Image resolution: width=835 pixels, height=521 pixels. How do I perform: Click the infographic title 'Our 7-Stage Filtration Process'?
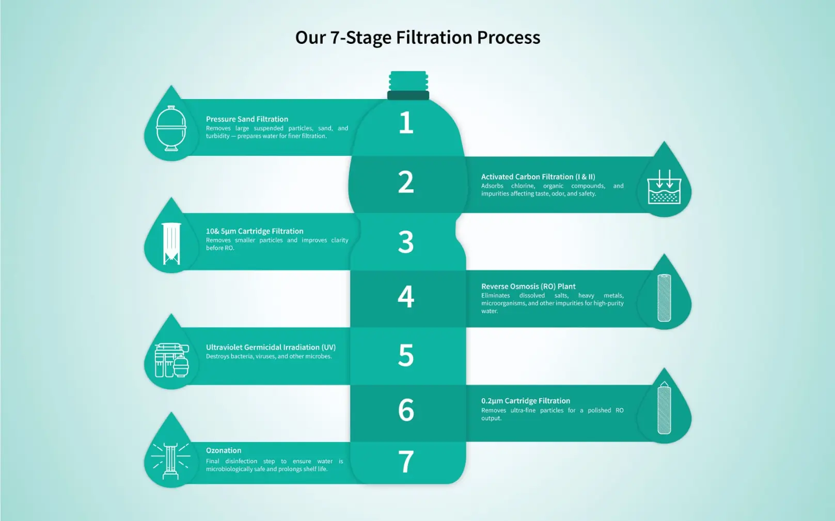click(417, 38)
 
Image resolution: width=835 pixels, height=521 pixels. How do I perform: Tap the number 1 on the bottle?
click(406, 123)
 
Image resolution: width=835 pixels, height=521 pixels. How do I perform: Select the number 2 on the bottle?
click(406, 183)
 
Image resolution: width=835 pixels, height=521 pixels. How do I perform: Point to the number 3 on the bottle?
click(406, 242)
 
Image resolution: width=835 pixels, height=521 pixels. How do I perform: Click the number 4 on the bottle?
click(406, 297)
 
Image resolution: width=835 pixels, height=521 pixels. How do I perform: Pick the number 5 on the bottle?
click(406, 355)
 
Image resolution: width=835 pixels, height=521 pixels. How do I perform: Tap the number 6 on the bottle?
click(406, 410)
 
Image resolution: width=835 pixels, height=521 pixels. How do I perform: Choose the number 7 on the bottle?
click(406, 462)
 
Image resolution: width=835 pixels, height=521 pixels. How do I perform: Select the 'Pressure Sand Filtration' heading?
click(247, 119)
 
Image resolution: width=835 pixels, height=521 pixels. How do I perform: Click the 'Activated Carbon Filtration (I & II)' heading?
click(538, 177)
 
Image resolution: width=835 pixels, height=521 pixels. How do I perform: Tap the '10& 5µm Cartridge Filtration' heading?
click(255, 231)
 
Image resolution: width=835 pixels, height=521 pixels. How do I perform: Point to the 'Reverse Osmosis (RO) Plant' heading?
click(528, 286)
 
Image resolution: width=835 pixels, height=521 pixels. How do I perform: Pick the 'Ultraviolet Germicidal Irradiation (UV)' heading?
click(271, 347)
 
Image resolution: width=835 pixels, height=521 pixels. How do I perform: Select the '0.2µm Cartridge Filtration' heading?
click(526, 401)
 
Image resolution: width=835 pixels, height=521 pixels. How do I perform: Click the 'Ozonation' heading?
click(224, 450)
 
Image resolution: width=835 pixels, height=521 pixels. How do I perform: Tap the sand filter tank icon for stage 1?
click(171, 128)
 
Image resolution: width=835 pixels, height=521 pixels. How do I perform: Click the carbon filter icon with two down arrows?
click(664, 187)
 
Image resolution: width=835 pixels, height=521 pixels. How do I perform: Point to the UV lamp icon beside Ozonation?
click(171, 460)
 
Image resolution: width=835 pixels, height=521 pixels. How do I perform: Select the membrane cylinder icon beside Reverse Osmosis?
click(664, 298)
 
